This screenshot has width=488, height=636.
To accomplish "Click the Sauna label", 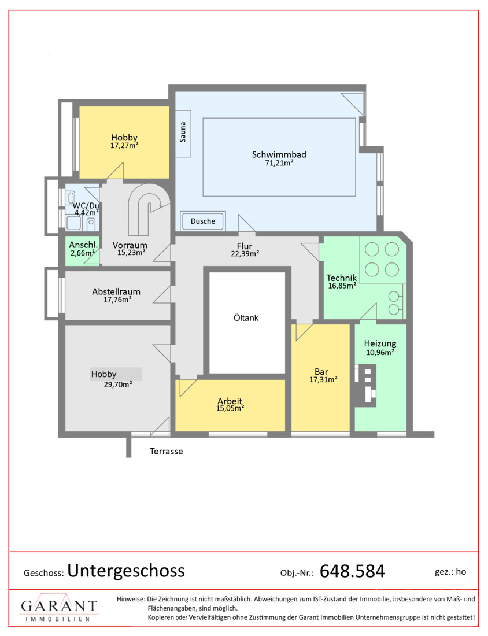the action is [x=183, y=132].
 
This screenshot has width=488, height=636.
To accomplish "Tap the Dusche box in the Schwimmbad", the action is [x=203, y=221].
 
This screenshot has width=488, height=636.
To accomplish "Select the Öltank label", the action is [x=246, y=317].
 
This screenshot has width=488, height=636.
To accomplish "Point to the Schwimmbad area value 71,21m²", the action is [x=279, y=163].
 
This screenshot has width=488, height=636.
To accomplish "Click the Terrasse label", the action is [x=167, y=451].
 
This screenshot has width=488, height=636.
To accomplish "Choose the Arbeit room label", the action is [x=230, y=401].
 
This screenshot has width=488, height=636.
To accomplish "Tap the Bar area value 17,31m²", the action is [x=323, y=380].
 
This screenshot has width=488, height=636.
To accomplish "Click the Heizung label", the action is [x=380, y=343].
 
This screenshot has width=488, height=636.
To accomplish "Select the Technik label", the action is [x=342, y=278].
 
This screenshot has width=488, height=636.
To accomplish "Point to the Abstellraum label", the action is [x=116, y=291].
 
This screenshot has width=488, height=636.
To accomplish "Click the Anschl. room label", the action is [x=83, y=245].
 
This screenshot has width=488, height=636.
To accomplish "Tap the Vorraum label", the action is [x=130, y=245].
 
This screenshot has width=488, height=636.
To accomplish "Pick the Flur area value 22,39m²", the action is [x=245, y=254].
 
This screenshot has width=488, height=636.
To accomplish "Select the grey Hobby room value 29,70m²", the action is [x=117, y=384].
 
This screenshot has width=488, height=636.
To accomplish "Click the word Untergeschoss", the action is [x=125, y=571].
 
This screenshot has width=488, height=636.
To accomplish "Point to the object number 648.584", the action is [x=352, y=571].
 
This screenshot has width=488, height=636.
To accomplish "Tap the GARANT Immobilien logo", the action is [x=59, y=607].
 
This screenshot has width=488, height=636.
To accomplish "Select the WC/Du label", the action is [x=86, y=206].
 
